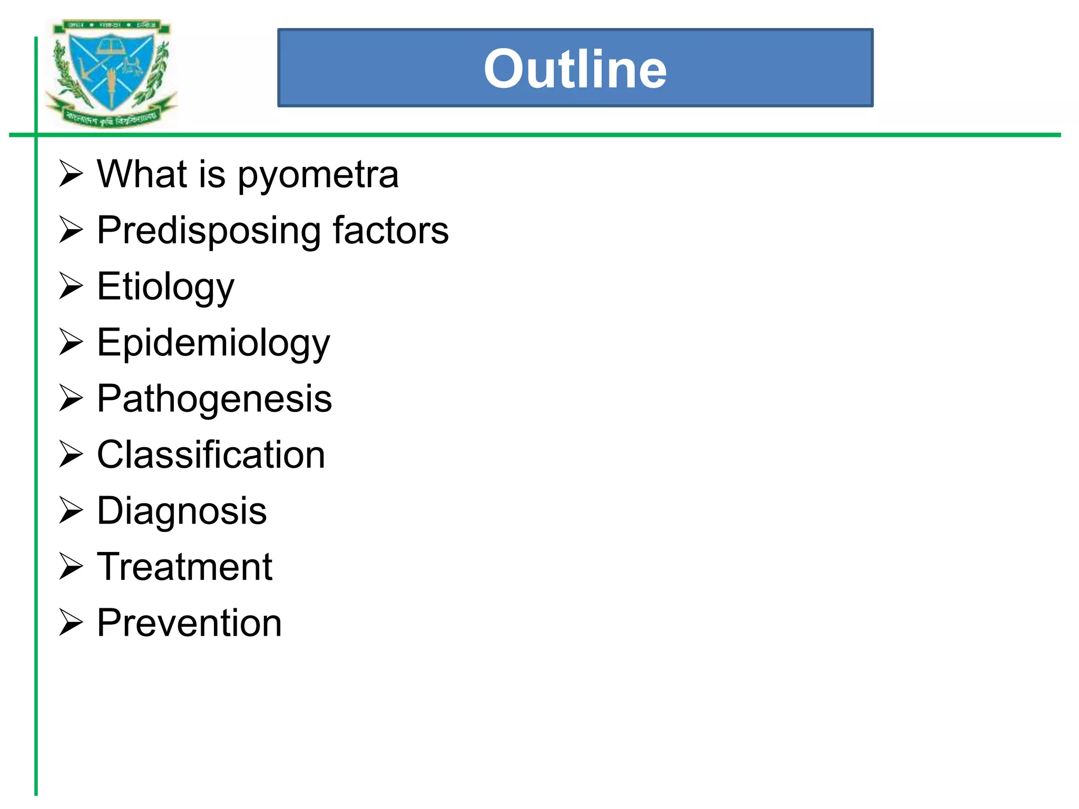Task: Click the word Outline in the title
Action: (x=575, y=69)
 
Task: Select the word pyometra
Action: (x=318, y=176)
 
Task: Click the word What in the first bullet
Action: (x=142, y=174)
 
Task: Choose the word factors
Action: (x=390, y=230)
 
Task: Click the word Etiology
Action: (x=165, y=288)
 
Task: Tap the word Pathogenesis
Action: (x=214, y=399)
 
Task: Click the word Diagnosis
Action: (x=182, y=511)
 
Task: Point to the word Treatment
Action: (x=184, y=567)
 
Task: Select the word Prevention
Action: (x=189, y=623)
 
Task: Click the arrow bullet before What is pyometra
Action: (x=71, y=173)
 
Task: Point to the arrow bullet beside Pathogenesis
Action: (x=71, y=398)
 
